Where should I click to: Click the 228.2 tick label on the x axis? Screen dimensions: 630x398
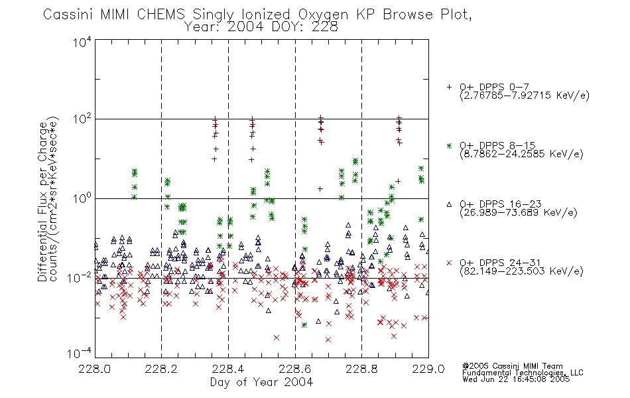coord(162,369)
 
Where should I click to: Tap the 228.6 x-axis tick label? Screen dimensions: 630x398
coord(295,369)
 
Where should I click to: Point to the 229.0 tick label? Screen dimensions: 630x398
coord(428,369)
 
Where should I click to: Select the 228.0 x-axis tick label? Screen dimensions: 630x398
coord(95,369)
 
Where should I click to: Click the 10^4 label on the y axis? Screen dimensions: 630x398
coord(82,42)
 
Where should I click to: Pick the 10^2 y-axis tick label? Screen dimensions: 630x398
coord(82,119)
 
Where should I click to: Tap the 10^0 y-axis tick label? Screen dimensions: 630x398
coord(82,199)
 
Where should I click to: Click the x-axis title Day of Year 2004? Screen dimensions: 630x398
coord(261,382)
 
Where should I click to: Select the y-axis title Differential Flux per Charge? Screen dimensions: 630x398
coord(42,202)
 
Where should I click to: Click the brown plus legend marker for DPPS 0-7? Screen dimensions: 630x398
coord(449,87)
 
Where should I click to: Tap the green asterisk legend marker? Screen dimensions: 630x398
coord(449,146)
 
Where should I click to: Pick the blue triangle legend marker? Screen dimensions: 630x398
coord(449,204)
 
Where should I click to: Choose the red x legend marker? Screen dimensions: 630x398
coord(449,263)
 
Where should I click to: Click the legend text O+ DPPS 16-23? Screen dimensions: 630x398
coord(501,204)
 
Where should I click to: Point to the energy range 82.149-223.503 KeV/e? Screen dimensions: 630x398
coord(521,271)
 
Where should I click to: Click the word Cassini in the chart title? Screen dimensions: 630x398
coord(68,15)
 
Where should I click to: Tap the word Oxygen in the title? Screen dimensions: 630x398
coord(323,15)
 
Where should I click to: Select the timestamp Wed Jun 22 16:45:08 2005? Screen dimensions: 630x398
coord(516,379)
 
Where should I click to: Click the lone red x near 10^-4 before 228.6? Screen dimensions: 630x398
coord(277,338)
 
